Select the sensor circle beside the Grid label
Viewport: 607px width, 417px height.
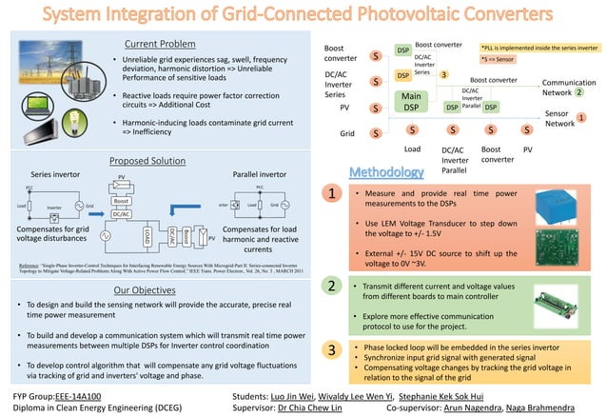click(376, 133)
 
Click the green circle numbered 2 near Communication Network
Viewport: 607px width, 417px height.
click(578, 93)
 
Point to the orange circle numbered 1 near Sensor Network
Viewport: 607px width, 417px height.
click(581, 116)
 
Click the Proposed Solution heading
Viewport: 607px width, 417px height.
click(147, 161)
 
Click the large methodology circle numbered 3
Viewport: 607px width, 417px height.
click(330, 350)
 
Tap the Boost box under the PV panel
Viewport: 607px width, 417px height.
click(121, 202)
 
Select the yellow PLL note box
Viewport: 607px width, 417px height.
click(539, 45)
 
